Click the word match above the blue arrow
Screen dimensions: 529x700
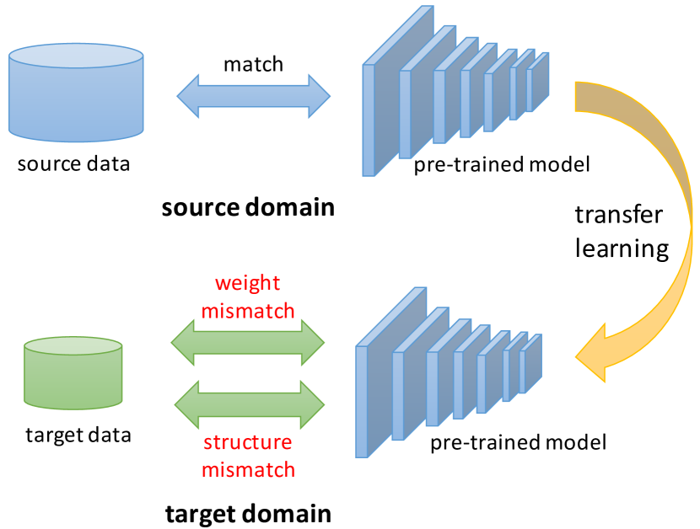[254, 64]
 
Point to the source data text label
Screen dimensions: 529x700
[74, 163]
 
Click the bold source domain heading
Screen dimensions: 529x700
[248, 207]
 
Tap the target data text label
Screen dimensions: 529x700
[78, 435]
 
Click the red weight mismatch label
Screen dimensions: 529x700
[248, 297]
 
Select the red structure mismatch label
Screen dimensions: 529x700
[248, 455]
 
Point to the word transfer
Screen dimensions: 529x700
[618, 215]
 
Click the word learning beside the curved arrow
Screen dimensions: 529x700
[622, 248]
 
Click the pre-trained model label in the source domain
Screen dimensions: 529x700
[501, 164]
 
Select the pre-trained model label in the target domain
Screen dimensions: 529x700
[518, 441]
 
